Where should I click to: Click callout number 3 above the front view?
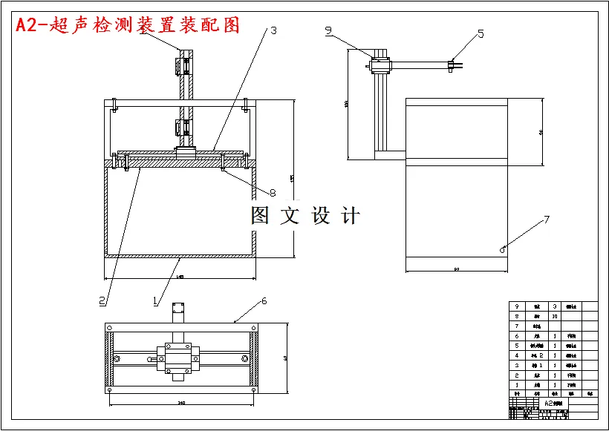273,31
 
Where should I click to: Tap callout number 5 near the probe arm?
481,33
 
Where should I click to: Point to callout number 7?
547,220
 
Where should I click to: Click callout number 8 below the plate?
273,193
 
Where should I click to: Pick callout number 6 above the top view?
264,301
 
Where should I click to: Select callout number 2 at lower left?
102,300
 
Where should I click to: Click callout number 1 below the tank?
154,300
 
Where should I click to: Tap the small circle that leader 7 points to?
503,249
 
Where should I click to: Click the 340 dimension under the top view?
181,403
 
